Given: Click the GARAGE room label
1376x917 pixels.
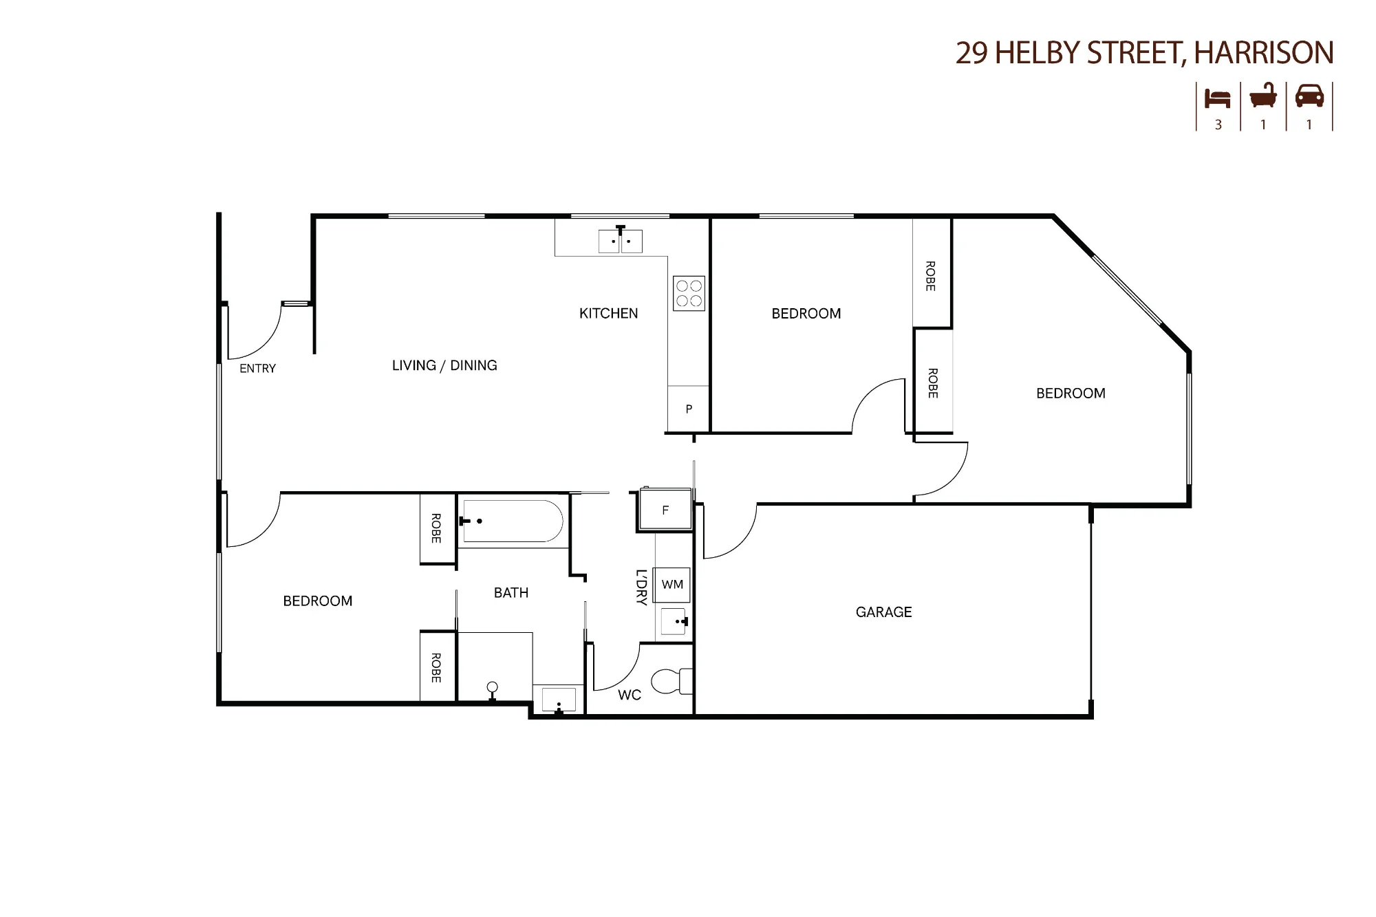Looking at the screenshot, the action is pos(883,612).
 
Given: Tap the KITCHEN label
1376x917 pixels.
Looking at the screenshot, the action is pos(608,313).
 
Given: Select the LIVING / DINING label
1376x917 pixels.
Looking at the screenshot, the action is pos(444,365).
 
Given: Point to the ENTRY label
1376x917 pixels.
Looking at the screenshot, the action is pos(257,369).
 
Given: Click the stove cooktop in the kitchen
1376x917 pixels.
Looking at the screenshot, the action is pos(689,293).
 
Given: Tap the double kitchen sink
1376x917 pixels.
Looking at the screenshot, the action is pos(620,240).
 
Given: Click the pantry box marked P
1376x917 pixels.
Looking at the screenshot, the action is pos(688,409).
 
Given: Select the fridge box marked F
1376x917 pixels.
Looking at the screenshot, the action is pos(665,509).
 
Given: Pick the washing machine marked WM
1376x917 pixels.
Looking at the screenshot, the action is pos(672,585).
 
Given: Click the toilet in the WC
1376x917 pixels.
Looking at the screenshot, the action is pos(671,680).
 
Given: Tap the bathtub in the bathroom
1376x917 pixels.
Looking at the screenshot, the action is pos(513,521).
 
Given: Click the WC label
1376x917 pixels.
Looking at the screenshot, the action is pos(629,695).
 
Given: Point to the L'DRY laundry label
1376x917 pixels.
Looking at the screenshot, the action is pos(641,587).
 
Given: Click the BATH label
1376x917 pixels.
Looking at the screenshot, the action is pos(511,592).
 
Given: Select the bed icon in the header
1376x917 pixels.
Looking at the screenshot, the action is pos(1217,98).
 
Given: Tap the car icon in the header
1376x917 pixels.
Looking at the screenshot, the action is pos(1309,96).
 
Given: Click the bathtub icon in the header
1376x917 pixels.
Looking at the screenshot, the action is pos(1263,96).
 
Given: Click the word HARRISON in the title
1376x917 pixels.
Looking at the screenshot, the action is pos(1264,53).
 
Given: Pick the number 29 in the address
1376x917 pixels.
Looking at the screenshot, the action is pos(971,53).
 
